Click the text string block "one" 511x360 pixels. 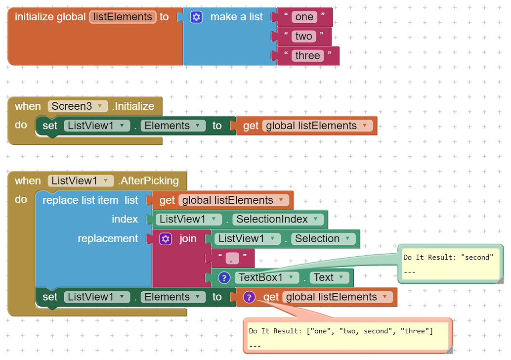click(304, 17)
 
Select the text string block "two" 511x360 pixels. click(303, 36)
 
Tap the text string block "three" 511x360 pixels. click(307, 55)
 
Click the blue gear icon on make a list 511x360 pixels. click(196, 17)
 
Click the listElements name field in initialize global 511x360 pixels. click(123, 17)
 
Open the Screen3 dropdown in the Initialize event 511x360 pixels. click(78, 106)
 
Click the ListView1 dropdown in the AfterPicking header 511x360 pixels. click(81, 180)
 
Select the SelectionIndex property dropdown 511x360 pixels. click(278, 219)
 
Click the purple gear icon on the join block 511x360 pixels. click(165, 239)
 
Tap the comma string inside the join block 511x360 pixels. click(232, 258)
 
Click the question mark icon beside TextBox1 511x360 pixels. click(224, 278)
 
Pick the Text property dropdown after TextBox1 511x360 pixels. click(329, 277)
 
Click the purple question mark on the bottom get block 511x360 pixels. click(249, 297)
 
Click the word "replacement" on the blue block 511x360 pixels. click(108, 239)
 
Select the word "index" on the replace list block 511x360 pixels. click(125, 219)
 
